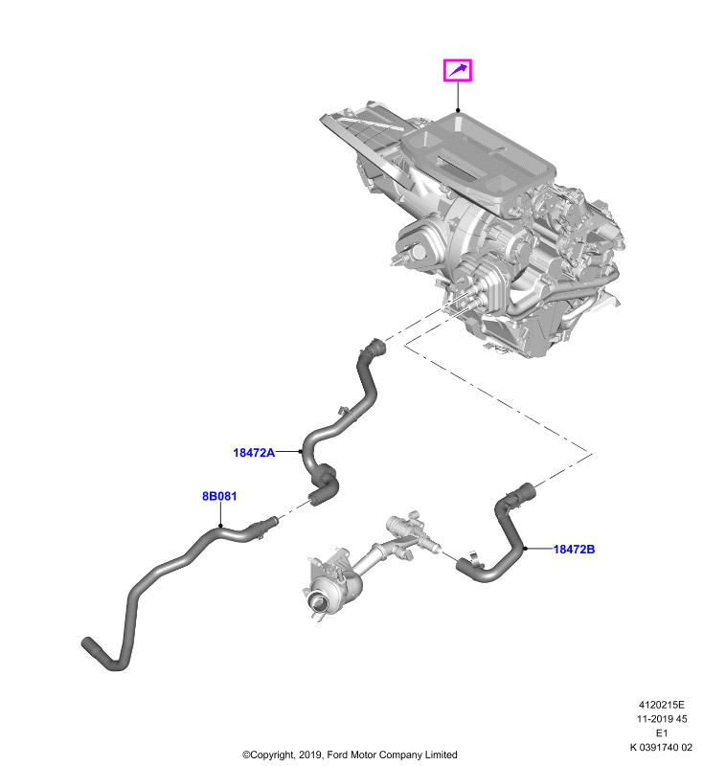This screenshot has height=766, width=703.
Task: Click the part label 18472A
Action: (254, 452)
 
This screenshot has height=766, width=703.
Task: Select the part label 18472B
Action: (574, 549)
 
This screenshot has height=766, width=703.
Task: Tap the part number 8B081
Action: (219, 496)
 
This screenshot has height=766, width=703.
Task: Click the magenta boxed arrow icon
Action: (458, 70)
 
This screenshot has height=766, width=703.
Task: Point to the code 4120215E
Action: (662, 705)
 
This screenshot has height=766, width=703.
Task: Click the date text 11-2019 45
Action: (662, 719)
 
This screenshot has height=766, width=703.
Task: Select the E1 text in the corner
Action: (662, 733)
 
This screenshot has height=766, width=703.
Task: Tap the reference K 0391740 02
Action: (661, 748)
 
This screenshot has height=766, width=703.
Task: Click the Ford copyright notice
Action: (350, 755)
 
